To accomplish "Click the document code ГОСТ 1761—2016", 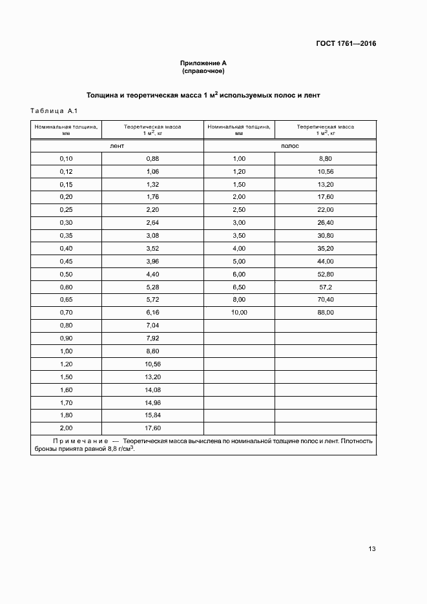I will (x=346, y=45).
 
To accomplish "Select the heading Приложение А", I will (x=203, y=63).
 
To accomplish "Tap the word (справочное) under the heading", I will (x=203, y=70).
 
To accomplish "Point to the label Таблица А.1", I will (x=54, y=110).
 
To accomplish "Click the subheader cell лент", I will (x=117, y=147).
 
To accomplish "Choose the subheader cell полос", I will (x=290, y=147).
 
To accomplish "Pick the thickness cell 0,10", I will (x=67, y=159).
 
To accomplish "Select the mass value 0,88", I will (x=152, y=159).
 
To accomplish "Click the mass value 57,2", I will (x=326, y=287).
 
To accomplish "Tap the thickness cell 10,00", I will (x=239, y=313).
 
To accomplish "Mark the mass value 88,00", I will (x=326, y=313).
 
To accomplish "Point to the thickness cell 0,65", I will (x=67, y=300).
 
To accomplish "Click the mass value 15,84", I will (x=152, y=415).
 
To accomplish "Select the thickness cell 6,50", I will (x=239, y=287).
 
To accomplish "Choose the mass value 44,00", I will (x=326, y=261).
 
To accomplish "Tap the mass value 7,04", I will (x=152, y=325).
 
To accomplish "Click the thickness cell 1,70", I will (x=67, y=402).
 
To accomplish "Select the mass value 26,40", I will (x=326, y=223).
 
